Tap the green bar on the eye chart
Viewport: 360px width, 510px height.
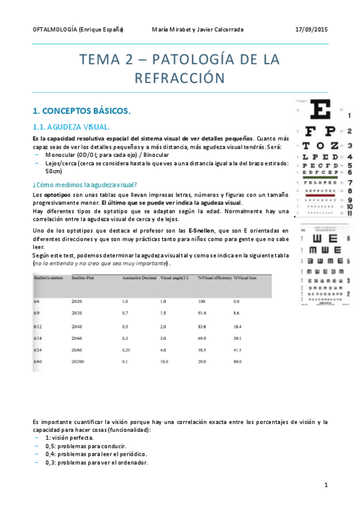pyautogui.click(x=322, y=177)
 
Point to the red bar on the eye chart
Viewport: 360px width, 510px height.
pyautogui.click(x=322, y=195)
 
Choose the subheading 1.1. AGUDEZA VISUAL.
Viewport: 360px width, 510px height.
pyautogui.click(x=72, y=127)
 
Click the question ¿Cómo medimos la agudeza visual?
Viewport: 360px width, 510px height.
pyautogui.click(x=85, y=185)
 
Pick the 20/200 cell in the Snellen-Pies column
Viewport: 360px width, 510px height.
pyautogui.click(x=78, y=361)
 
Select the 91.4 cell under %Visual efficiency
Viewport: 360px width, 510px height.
pyautogui.click(x=202, y=313)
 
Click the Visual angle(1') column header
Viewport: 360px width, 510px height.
pyautogui.click(x=173, y=278)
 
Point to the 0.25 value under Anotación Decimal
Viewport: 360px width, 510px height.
pyautogui.click(x=126, y=349)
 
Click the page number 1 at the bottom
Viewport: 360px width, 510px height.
pyautogui.click(x=325, y=484)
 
